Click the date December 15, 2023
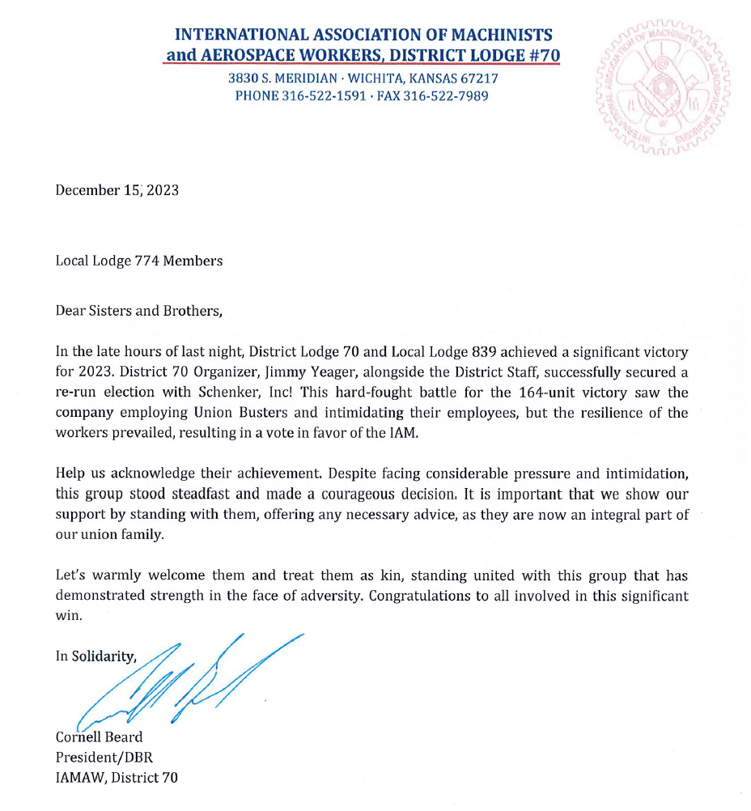(117, 191)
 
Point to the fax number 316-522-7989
(446, 96)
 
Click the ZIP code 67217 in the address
(480, 79)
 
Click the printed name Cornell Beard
(100, 737)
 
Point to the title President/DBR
(104, 758)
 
